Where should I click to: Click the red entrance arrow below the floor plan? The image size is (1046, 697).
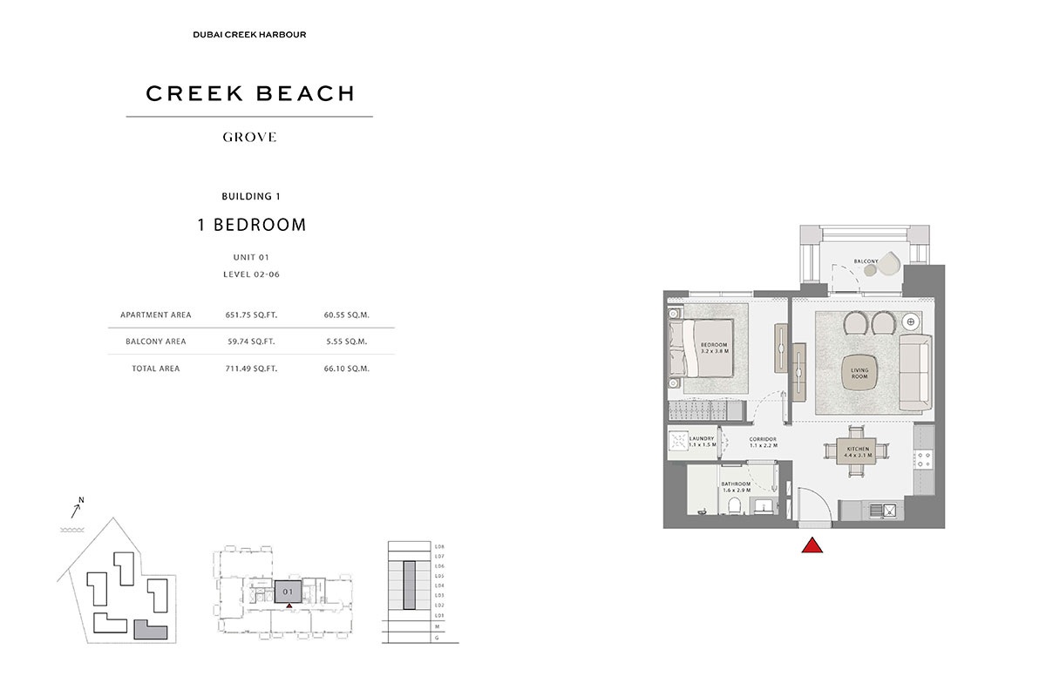(812, 545)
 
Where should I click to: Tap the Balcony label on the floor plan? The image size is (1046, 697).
(866, 261)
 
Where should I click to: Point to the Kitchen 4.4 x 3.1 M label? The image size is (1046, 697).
(858, 451)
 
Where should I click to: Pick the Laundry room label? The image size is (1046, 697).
(703, 442)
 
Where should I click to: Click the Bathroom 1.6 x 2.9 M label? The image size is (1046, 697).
(735, 487)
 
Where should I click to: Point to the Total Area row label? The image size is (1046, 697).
(156, 369)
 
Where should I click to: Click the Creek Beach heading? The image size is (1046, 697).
(250, 93)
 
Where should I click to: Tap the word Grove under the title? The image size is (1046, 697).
(250, 137)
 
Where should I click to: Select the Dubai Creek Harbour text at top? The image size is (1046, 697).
(249, 35)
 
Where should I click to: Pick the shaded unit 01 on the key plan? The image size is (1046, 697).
(288, 591)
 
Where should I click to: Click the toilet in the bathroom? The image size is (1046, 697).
(734, 506)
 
